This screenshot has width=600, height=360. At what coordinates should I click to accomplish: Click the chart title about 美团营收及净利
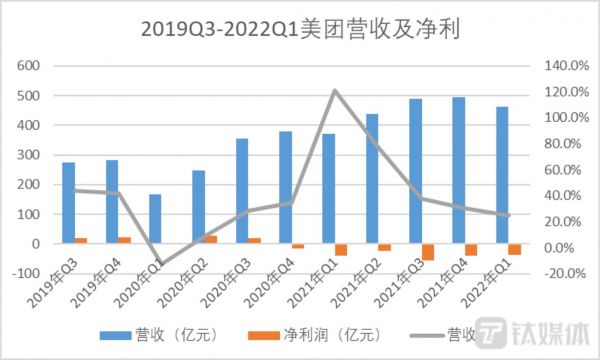click(x=299, y=29)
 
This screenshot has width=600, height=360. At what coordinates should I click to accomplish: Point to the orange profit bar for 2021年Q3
click(x=428, y=252)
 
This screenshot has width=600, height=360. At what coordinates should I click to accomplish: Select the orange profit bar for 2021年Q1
click(x=341, y=250)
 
